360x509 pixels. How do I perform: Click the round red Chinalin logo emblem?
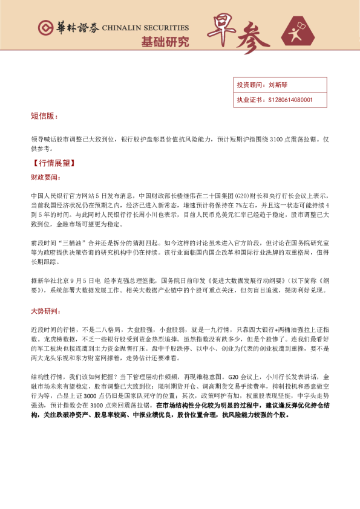tap(45, 28)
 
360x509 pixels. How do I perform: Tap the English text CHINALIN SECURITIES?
tap(145, 28)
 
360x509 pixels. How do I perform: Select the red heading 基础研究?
tap(165, 42)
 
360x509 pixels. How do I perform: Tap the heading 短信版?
tap(44, 115)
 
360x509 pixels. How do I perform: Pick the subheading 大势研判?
tap(45, 312)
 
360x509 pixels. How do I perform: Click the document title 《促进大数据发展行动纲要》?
tap(225, 281)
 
